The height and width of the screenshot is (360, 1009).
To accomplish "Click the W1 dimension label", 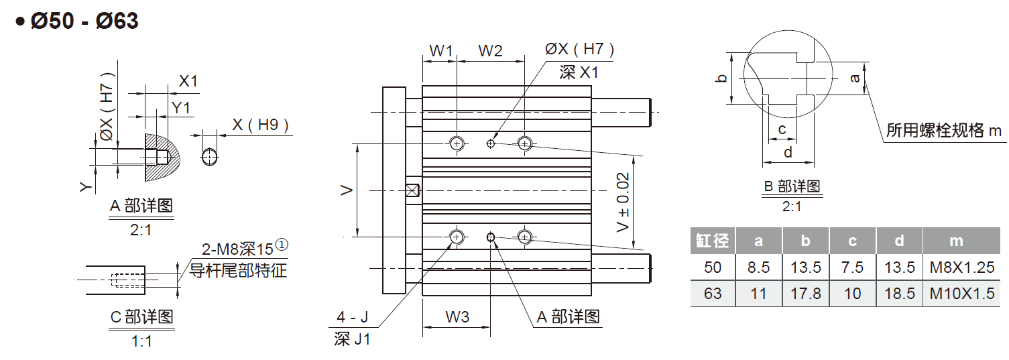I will (x=441, y=51).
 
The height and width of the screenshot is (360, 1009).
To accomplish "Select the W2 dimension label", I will (x=490, y=51).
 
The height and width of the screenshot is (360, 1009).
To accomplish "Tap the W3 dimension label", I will (x=457, y=317).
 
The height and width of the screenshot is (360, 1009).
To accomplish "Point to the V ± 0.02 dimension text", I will (x=623, y=201).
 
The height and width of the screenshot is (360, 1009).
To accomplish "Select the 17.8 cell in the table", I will (x=806, y=294).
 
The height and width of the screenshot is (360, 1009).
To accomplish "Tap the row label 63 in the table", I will (x=713, y=294).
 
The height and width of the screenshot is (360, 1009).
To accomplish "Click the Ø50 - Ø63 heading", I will (x=84, y=21).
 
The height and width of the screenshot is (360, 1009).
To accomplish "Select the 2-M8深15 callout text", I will (x=238, y=249).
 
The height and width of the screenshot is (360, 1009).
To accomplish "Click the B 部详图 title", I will (x=792, y=186).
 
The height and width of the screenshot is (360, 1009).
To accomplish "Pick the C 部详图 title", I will (x=141, y=316).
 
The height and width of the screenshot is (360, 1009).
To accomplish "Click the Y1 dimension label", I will (x=180, y=107).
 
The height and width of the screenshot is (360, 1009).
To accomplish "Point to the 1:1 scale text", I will (x=141, y=341).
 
